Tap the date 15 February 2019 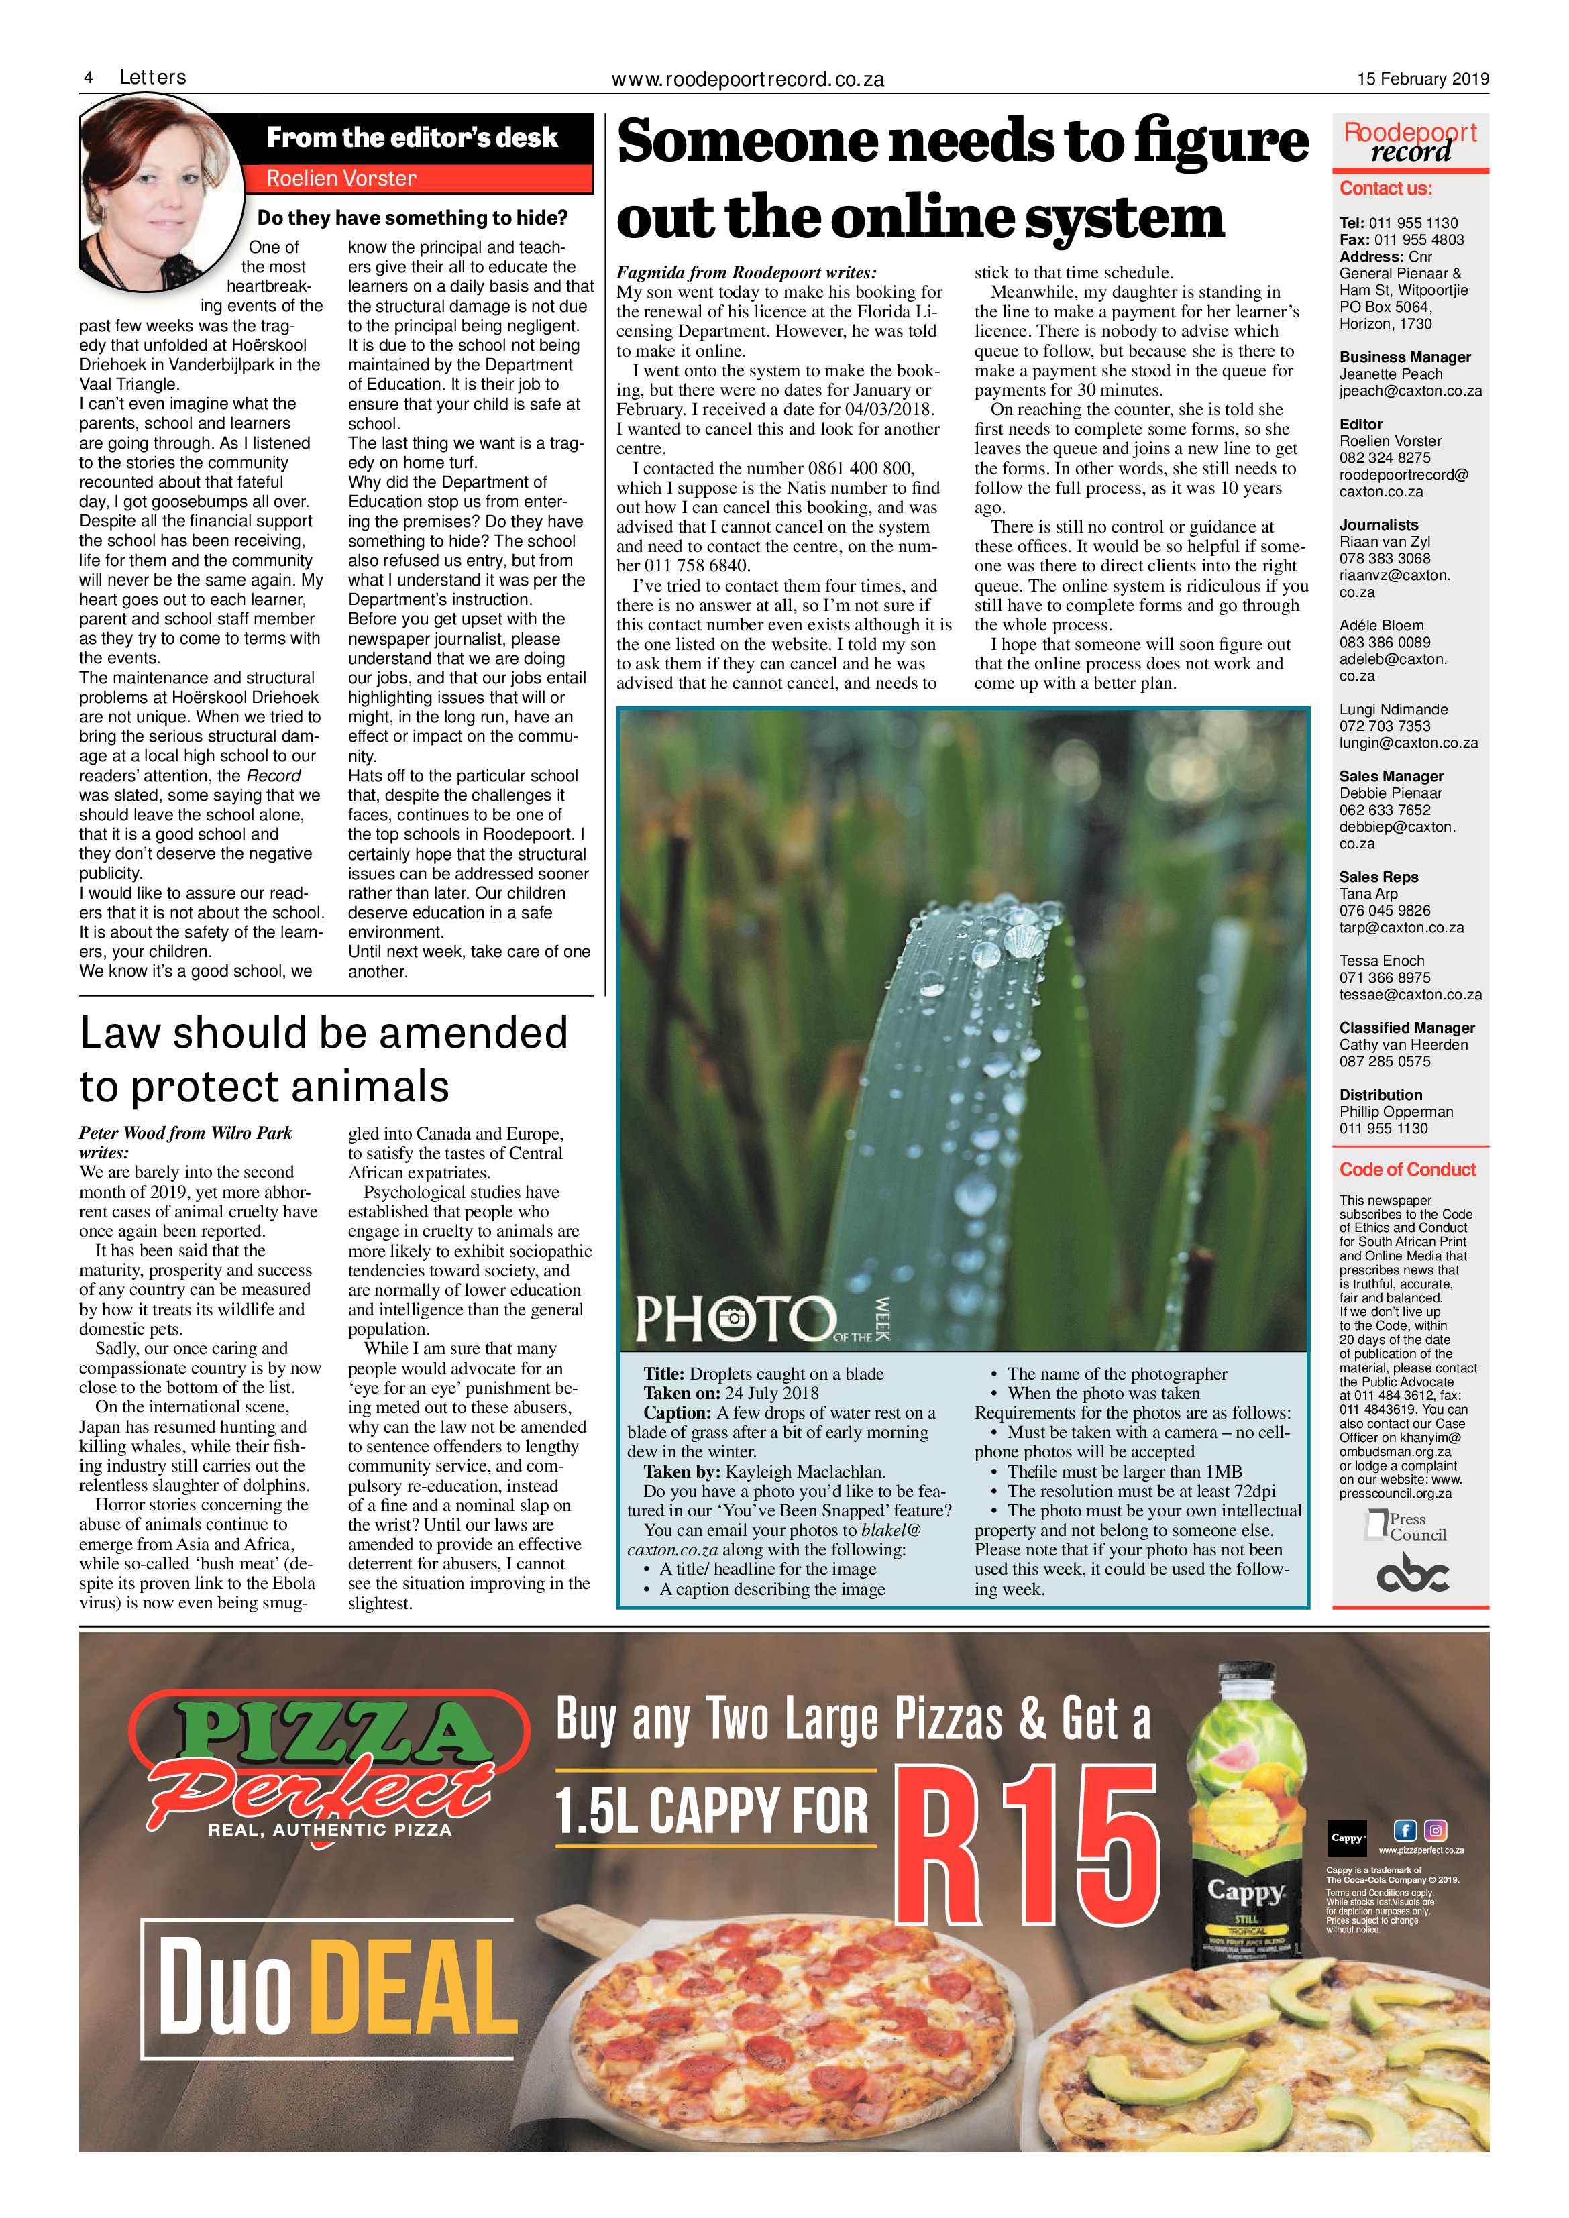[1422, 79]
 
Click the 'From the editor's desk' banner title [413, 138]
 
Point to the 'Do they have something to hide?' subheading [413, 219]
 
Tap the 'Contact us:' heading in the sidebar [1385, 188]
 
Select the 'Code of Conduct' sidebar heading [1407, 1169]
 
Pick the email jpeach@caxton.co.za [1409, 391]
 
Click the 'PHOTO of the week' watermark [762, 1318]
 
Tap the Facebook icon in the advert [1404, 1830]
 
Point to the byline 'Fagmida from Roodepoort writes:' [746, 272]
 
